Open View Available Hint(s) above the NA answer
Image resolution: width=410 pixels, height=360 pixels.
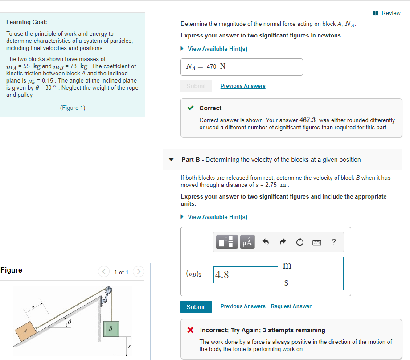click(x=217, y=49)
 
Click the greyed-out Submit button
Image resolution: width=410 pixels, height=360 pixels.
click(x=196, y=86)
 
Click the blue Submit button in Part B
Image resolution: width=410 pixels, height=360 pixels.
click(x=196, y=307)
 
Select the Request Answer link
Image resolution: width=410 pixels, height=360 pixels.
click(x=291, y=306)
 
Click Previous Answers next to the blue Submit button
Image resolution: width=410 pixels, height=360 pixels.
click(x=243, y=306)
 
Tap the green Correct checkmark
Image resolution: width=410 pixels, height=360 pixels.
click(x=190, y=108)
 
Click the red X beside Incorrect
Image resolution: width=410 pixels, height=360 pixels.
click(x=190, y=331)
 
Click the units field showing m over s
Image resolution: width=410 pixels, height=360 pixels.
click(x=311, y=273)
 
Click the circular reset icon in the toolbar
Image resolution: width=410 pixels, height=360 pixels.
click(x=299, y=242)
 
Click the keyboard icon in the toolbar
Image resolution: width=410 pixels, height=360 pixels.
click(x=316, y=242)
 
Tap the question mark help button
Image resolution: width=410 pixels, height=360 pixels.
click(x=334, y=242)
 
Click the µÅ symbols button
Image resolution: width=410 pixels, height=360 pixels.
click(x=247, y=242)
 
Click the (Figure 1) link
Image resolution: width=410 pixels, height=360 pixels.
click(x=73, y=108)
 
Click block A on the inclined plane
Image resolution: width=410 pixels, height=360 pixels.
click(x=25, y=331)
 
